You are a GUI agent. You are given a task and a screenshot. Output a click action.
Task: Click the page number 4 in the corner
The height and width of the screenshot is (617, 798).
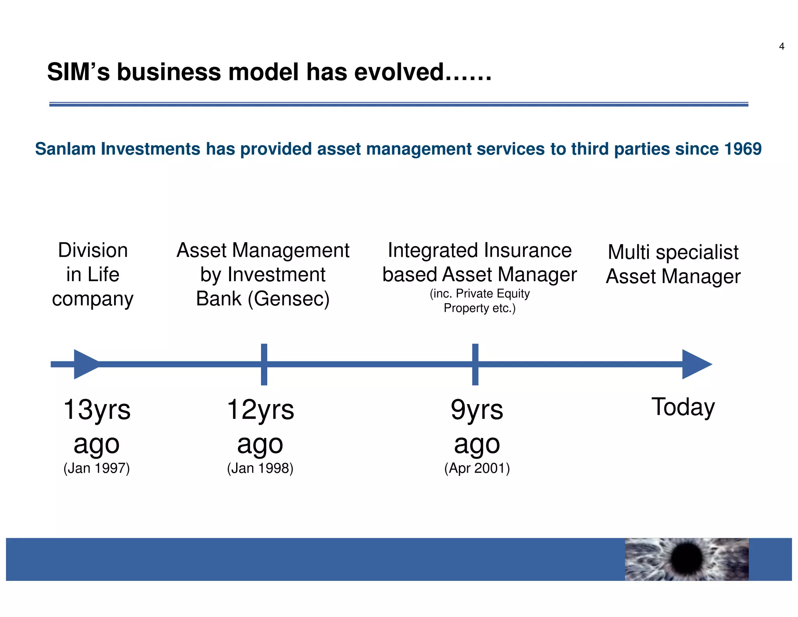coord(781,46)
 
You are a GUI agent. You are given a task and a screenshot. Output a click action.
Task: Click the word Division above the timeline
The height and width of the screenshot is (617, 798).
coord(93,250)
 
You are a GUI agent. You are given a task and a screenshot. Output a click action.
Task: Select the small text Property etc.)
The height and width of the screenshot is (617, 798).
coord(479,308)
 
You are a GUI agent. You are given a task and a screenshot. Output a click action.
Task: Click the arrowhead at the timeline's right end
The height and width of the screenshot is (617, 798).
coord(696,364)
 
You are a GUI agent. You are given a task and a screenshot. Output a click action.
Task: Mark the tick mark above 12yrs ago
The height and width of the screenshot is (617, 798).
coord(264,364)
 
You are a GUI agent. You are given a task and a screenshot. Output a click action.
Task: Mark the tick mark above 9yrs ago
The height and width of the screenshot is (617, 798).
coord(475,364)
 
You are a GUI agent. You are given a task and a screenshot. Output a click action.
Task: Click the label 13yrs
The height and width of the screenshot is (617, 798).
coord(97,410)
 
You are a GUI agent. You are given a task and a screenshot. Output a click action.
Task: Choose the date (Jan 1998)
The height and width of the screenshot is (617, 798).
coord(260,468)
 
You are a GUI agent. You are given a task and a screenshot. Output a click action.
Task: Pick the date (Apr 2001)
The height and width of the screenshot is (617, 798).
coord(477,468)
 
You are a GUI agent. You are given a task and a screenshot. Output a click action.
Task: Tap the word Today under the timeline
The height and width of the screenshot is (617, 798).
coord(683,407)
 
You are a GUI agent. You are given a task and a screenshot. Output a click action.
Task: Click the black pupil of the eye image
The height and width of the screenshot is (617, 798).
coord(687,558)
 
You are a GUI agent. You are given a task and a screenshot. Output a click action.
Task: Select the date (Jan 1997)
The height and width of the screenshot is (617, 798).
coord(97,468)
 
